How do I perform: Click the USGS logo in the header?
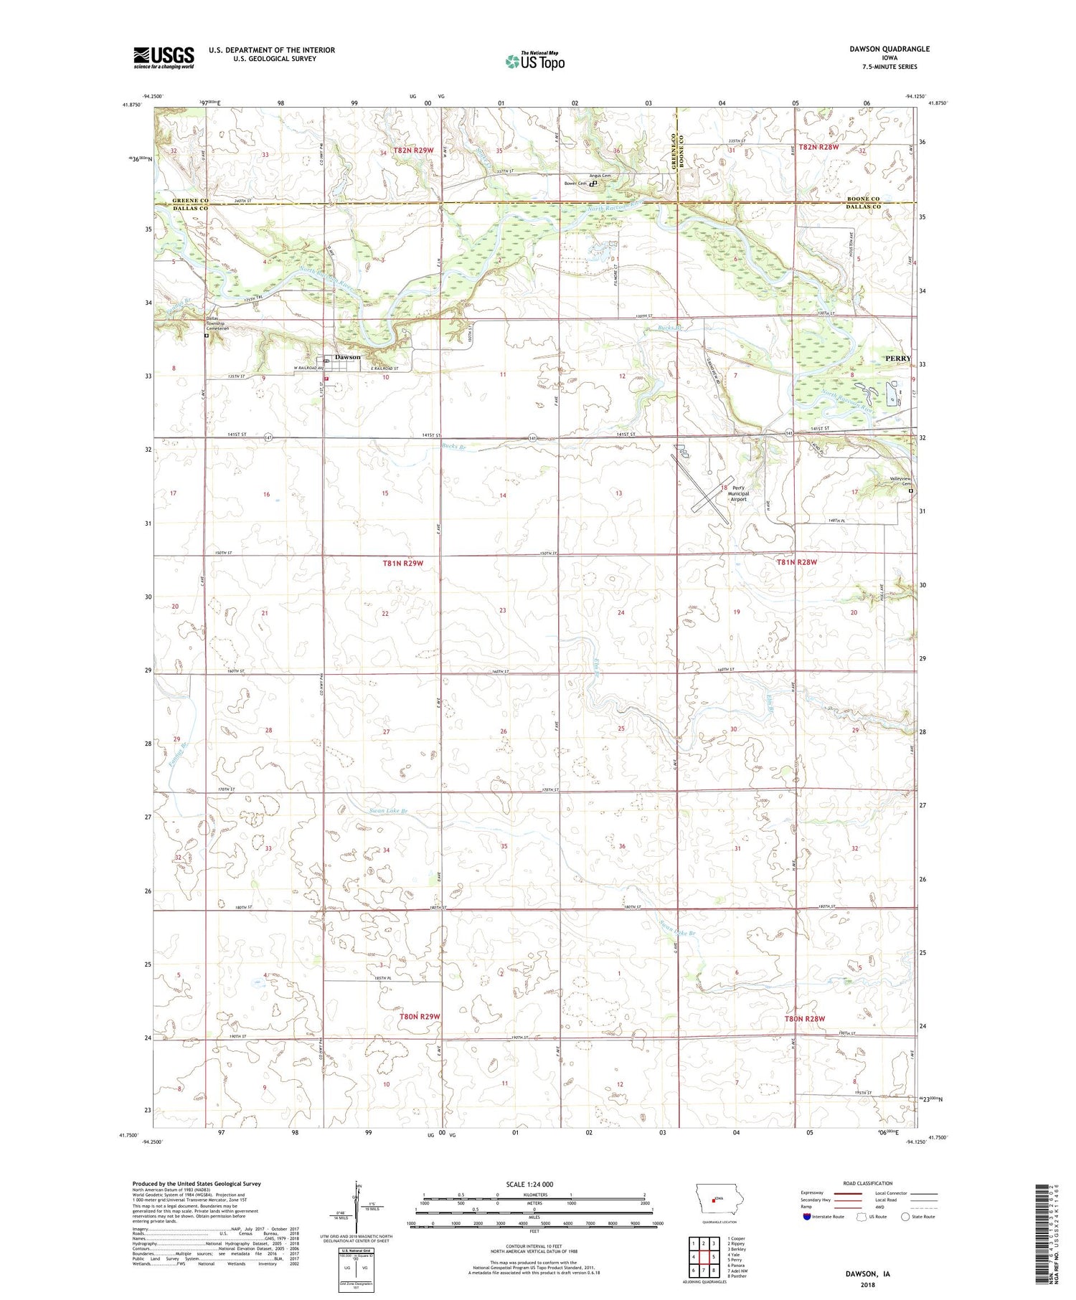[x=164, y=57]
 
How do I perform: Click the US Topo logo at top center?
[x=534, y=62]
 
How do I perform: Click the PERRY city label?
[x=897, y=358]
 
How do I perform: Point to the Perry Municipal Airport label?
[x=738, y=494]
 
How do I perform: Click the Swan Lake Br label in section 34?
[x=388, y=811]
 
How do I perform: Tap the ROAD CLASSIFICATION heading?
[x=868, y=1183]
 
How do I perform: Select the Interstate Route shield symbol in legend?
[x=806, y=1216]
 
